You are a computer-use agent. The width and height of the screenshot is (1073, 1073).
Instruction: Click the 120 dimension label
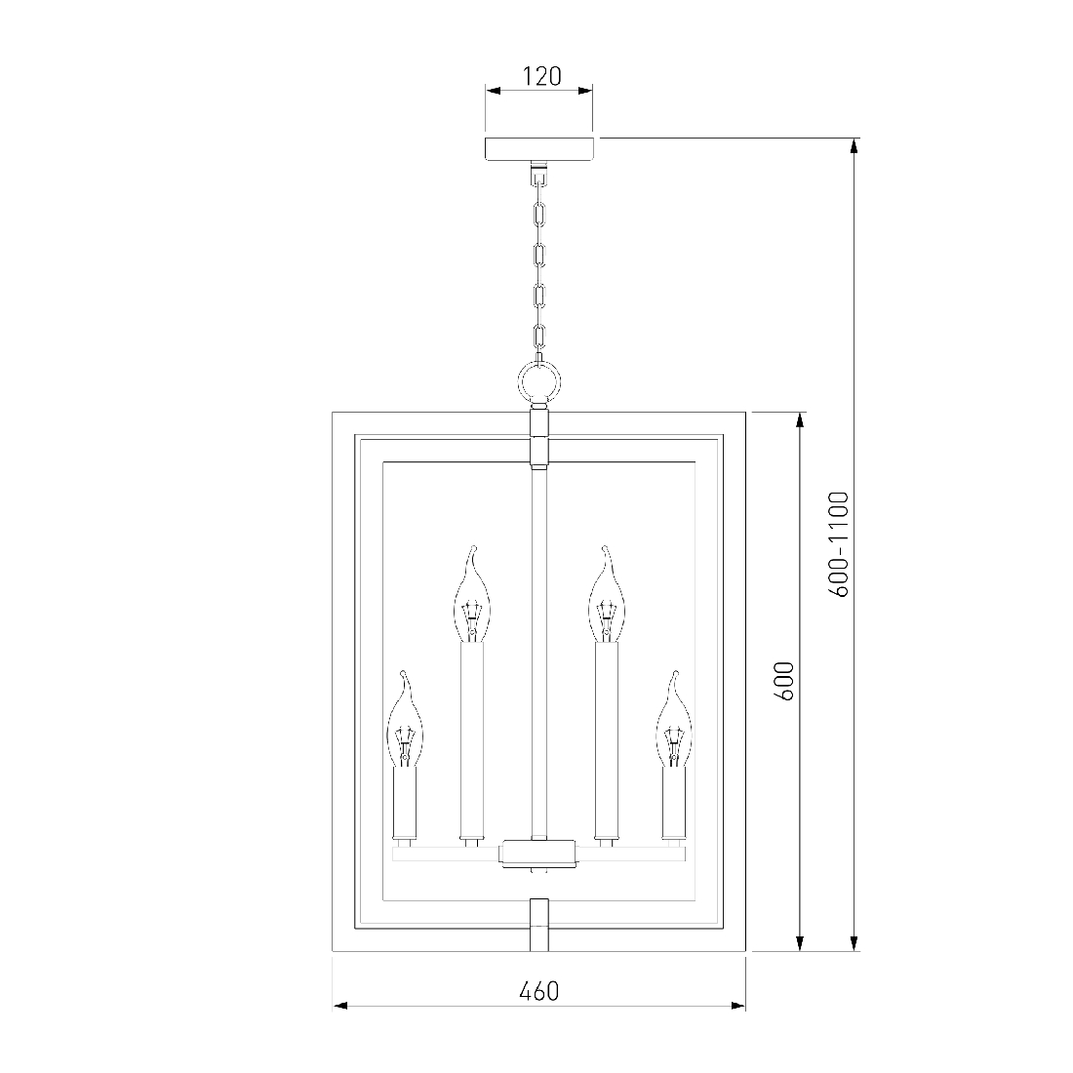pos(542,76)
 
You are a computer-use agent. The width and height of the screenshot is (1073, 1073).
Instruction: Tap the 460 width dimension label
pos(539,992)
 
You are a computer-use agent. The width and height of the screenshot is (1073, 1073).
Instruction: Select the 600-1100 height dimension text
pos(838,544)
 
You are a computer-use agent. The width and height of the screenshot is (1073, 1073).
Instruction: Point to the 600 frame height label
pos(784,681)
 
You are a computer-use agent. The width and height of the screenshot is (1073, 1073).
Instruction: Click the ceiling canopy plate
pos(539,149)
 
